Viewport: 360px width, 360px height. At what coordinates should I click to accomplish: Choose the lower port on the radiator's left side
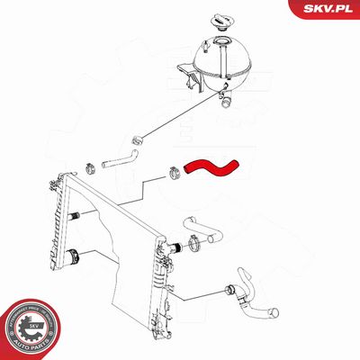[x=77, y=255]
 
